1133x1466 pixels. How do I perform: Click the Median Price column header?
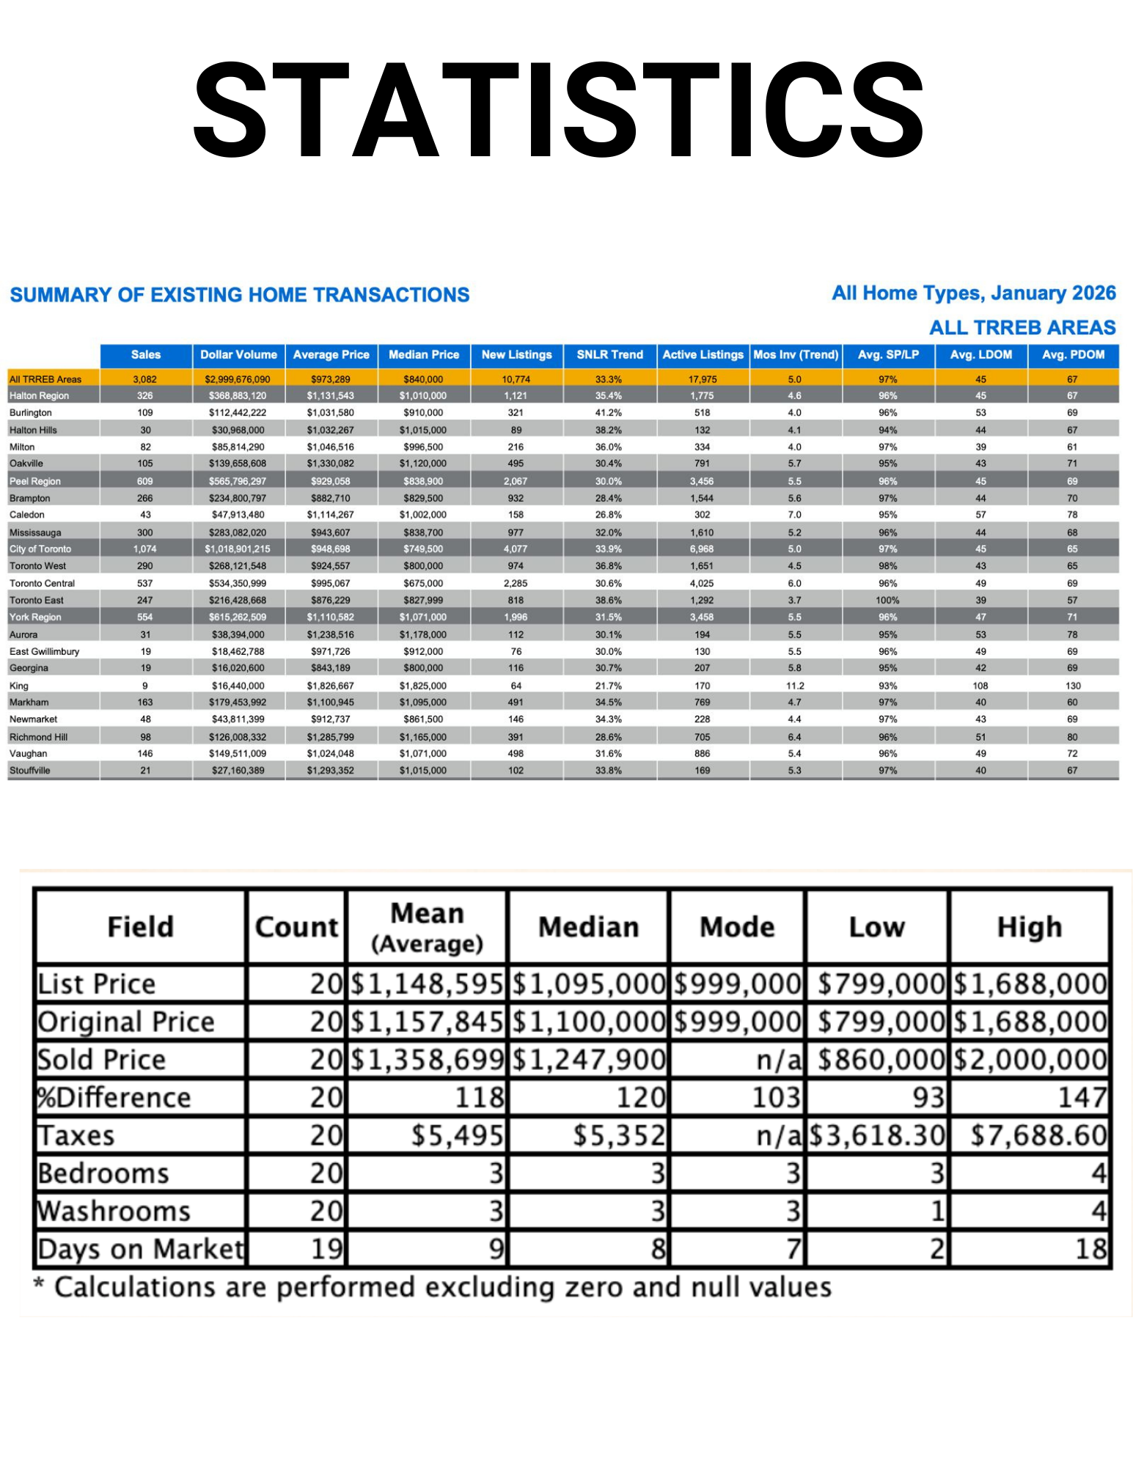[x=423, y=355]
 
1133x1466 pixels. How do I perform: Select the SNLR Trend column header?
[x=609, y=355]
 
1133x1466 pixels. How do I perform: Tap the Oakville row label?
[x=26, y=463]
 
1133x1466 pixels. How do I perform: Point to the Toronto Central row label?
[x=42, y=583]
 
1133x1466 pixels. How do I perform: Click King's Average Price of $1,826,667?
[x=330, y=686]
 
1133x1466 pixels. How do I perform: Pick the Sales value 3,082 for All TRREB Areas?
[x=145, y=379]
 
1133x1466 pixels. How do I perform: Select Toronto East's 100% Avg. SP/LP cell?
[x=887, y=600]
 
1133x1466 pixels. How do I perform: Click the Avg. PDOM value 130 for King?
[x=1073, y=686]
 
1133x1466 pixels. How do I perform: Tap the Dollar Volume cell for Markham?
[x=238, y=702]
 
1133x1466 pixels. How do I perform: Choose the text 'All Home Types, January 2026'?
[x=973, y=293]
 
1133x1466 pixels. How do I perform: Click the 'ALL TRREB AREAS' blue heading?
[x=1022, y=327]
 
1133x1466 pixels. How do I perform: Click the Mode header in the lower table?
[x=737, y=927]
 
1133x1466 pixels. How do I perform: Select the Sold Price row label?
[x=102, y=1060]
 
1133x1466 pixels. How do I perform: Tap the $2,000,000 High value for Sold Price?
[x=1030, y=1060]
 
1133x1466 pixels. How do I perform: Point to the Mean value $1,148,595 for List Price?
[x=427, y=983]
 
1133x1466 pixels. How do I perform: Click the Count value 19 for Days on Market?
[x=326, y=1248]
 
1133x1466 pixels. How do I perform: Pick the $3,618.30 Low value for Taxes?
[x=877, y=1135]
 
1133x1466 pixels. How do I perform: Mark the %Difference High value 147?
[x=1082, y=1098]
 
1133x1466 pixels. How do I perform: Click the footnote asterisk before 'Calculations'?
[x=39, y=1284]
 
